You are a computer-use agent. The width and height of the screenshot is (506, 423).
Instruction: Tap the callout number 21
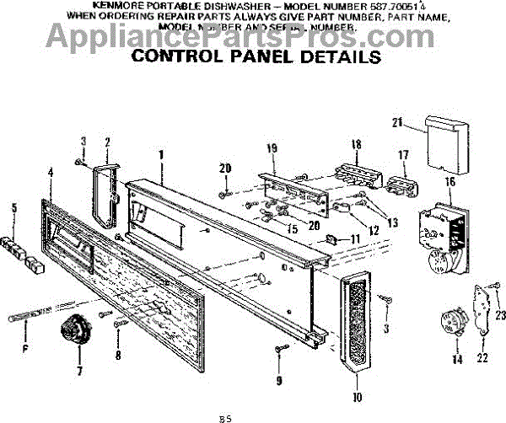(x=396, y=123)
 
